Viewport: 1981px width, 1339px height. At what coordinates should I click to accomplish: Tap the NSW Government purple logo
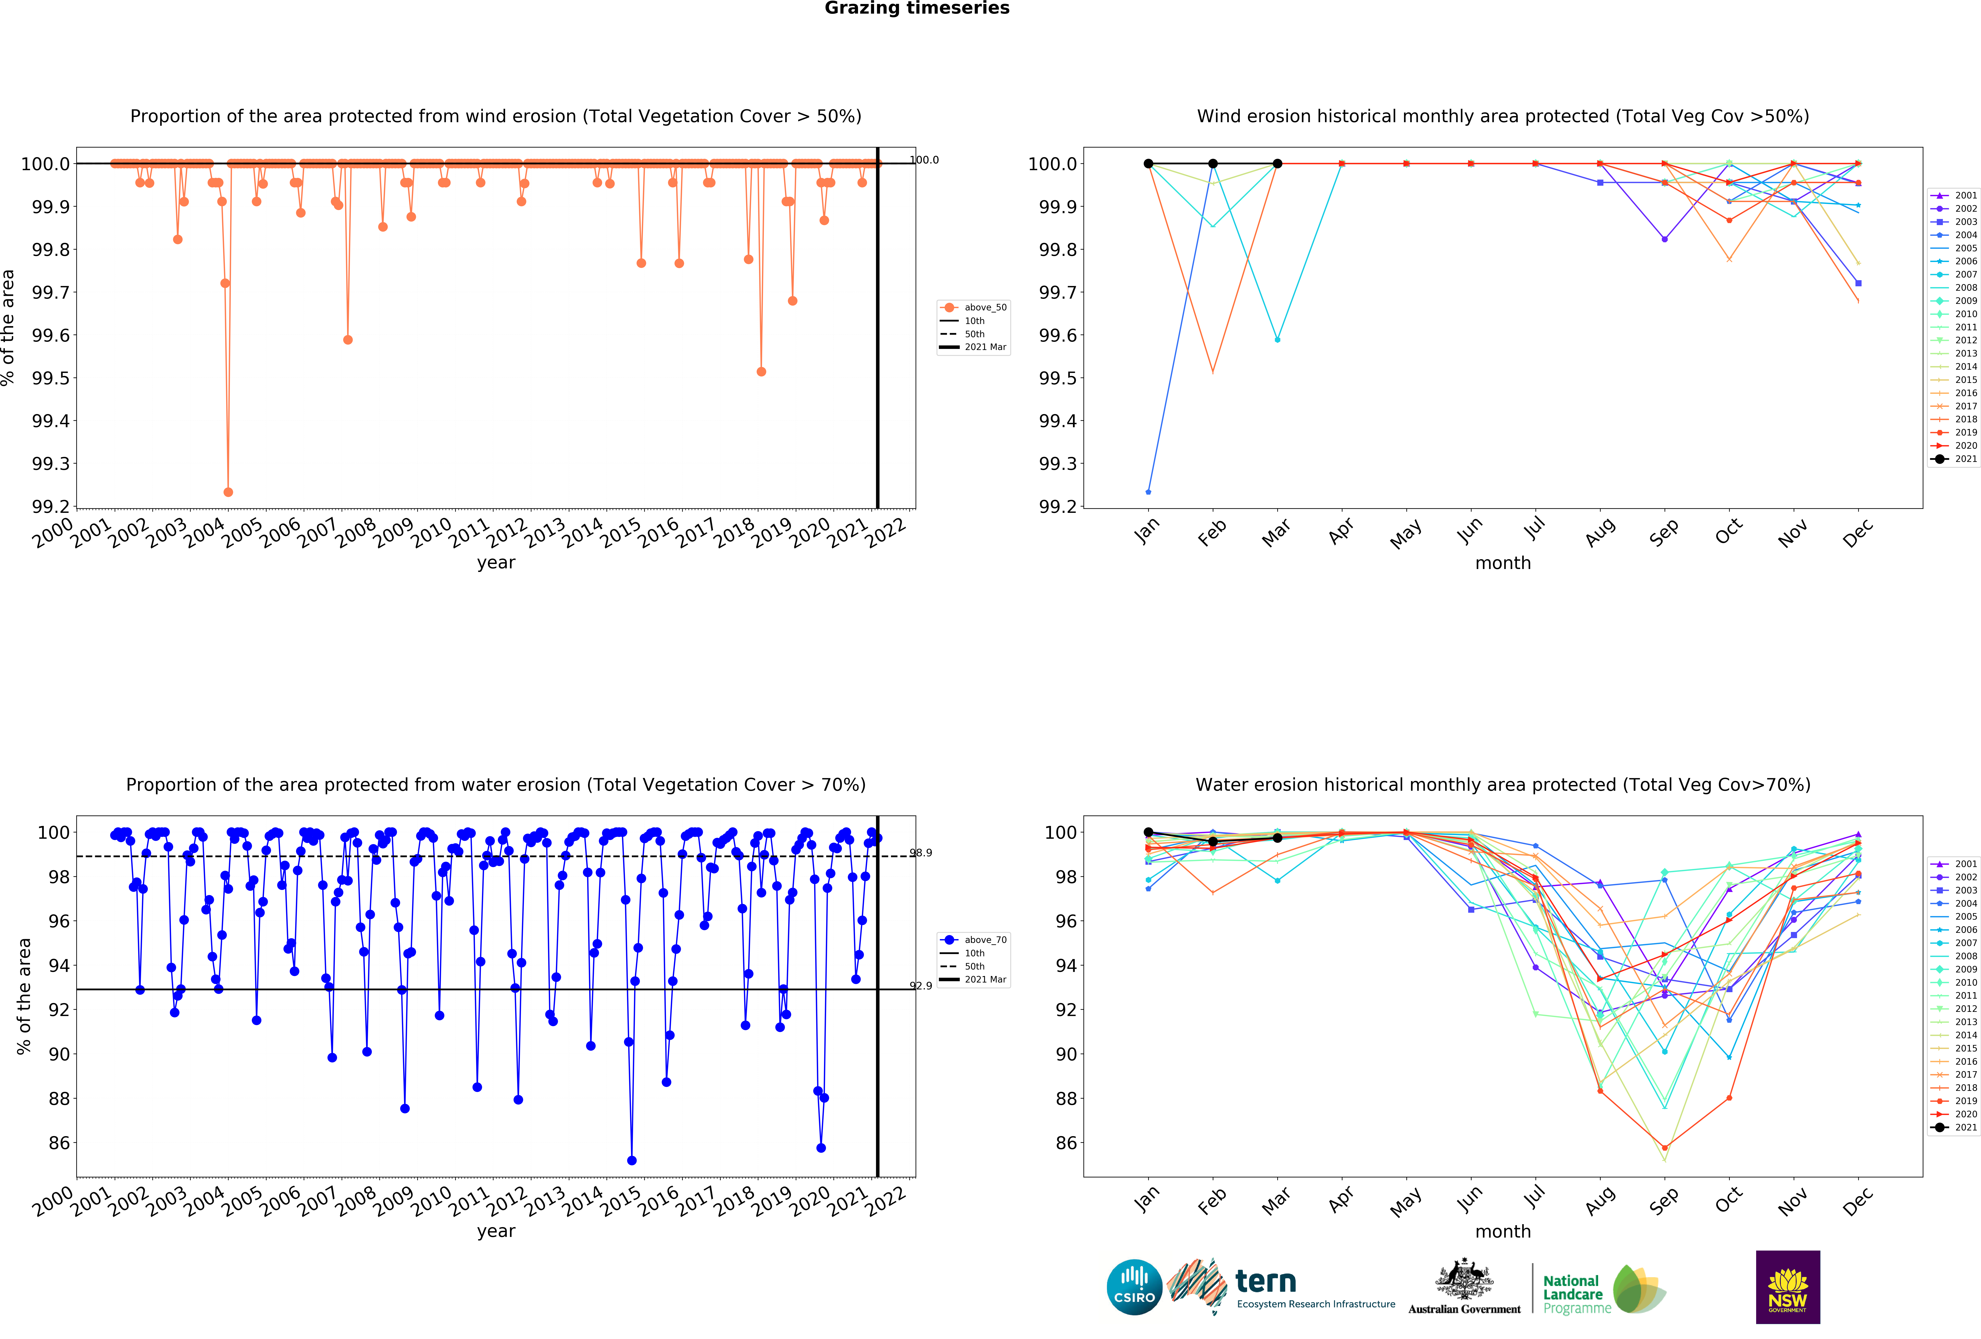pyautogui.click(x=1788, y=1287)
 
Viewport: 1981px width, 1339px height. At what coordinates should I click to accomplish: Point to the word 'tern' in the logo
pyautogui.click(x=1266, y=1281)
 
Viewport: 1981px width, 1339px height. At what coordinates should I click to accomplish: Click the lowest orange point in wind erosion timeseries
pyautogui.click(x=228, y=492)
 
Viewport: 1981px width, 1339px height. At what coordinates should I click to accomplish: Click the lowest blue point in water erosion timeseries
pyautogui.click(x=632, y=1160)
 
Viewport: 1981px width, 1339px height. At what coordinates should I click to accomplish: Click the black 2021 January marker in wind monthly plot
pyautogui.click(x=1148, y=164)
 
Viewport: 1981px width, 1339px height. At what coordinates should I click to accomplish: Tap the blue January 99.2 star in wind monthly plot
pyautogui.click(x=1148, y=492)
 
